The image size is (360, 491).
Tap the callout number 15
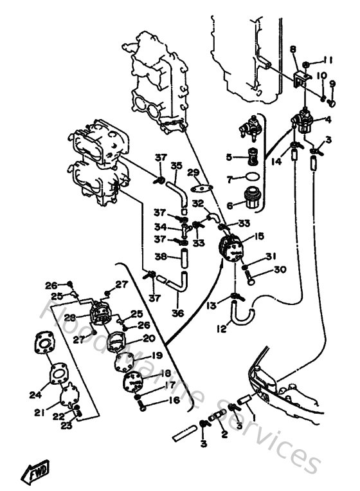258,236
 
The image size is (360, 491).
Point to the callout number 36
177,314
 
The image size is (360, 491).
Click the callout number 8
292,49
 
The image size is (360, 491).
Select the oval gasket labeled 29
203,189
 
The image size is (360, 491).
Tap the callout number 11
328,60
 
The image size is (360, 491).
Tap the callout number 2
225,435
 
